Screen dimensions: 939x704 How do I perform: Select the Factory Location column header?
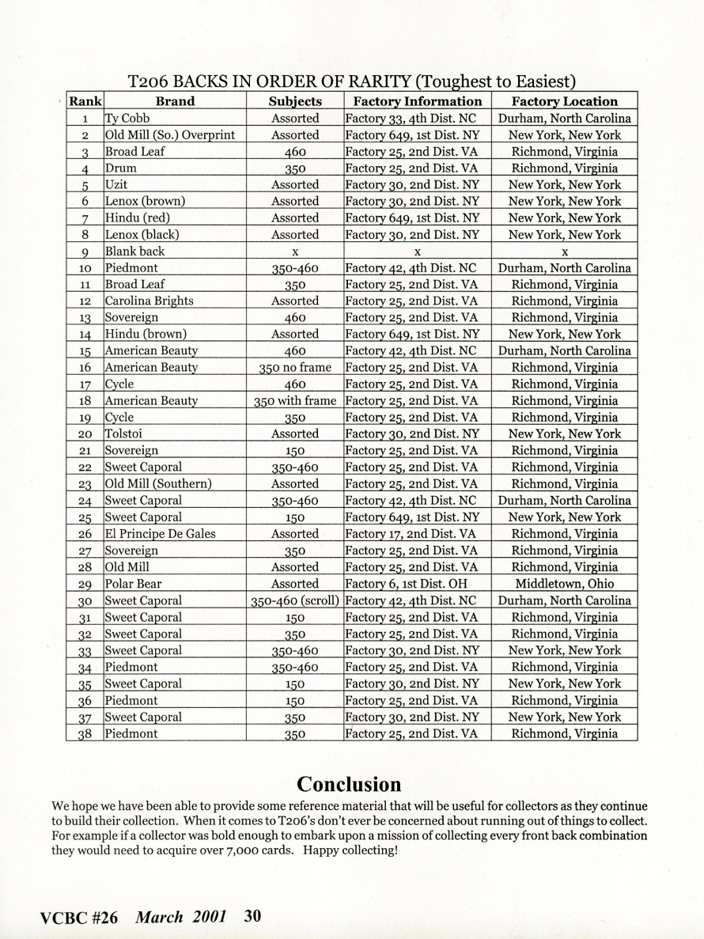click(x=564, y=101)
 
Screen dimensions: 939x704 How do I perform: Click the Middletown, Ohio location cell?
click(x=564, y=584)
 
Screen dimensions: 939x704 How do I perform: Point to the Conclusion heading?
click(x=349, y=784)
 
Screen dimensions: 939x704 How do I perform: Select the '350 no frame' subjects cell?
click(x=295, y=368)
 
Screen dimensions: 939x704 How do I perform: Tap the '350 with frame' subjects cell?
click(x=295, y=401)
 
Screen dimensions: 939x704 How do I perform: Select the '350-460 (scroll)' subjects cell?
click(x=295, y=600)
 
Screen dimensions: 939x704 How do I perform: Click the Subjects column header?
click(x=295, y=101)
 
